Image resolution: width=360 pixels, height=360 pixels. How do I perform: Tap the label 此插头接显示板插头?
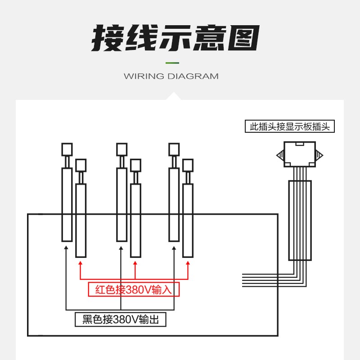290,126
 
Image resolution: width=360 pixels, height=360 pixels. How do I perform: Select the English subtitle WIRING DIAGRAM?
171,76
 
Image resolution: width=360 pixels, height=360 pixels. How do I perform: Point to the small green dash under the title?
172,63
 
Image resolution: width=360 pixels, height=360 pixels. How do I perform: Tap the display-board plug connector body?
300,154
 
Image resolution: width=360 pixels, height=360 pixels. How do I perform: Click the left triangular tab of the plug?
280,155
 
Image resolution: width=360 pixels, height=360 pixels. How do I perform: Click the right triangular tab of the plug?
319,155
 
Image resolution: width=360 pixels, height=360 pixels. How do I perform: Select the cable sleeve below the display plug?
300,220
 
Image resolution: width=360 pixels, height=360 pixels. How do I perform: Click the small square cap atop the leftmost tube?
67,149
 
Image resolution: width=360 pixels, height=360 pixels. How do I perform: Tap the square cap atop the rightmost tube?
188,165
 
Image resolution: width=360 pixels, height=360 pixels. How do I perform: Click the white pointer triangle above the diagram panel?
173,96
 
